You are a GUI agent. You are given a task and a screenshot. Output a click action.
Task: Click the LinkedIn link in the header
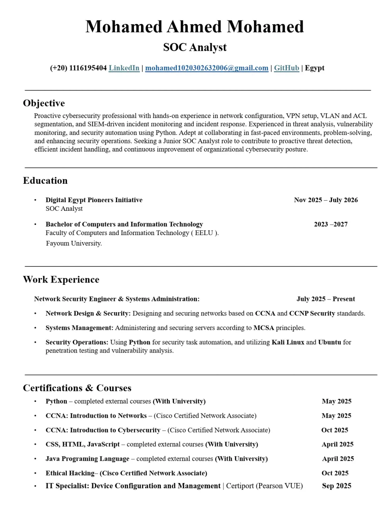click(124, 68)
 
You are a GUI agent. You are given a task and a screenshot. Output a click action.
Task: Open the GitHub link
click(286, 68)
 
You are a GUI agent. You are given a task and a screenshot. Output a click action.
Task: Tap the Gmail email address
click(207, 68)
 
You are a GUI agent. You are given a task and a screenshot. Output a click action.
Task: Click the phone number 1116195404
click(88, 68)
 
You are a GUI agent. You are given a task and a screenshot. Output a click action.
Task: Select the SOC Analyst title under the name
click(195, 47)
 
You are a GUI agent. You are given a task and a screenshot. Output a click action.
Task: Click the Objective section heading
click(44, 103)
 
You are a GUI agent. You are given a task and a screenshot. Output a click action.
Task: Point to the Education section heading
click(45, 181)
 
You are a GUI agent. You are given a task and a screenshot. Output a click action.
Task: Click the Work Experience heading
click(61, 279)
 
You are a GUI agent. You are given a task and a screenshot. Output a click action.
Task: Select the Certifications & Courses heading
click(77, 388)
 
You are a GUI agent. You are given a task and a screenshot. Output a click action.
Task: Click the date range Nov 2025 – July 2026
click(326, 200)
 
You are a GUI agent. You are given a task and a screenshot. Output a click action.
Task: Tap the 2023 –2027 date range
click(330, 224)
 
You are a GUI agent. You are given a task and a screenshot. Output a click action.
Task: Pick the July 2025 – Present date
click(325, 299)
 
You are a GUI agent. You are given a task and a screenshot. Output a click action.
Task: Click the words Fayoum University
click(74, 243)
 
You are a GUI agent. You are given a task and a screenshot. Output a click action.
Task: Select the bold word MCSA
click(263, 328)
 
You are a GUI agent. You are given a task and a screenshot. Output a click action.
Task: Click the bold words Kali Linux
click(288, 342)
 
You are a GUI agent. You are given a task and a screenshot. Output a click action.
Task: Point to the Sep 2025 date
click(336, 486)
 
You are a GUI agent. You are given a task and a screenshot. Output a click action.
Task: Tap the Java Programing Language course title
click(87, 459)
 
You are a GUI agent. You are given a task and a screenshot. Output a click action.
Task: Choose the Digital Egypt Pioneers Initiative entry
click(94, 200)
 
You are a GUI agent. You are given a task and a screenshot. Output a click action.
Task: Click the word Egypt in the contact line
click(314, 68)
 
